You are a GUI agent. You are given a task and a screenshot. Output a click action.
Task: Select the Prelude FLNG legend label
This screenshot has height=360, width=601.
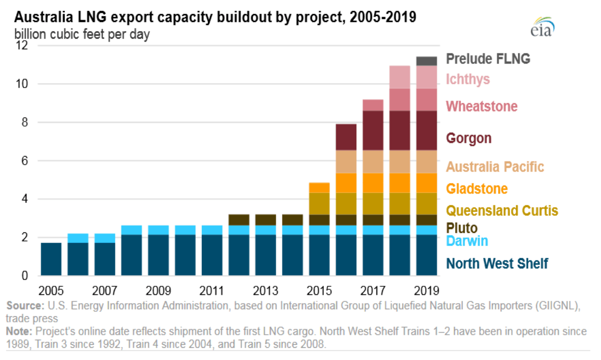[488, 59]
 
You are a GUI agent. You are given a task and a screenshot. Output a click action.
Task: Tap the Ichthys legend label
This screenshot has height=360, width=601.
[468, 79]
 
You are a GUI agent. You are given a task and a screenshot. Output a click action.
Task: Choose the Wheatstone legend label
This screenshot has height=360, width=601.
[482, 106]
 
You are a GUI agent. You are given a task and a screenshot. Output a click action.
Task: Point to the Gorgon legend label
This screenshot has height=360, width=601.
[469, 138]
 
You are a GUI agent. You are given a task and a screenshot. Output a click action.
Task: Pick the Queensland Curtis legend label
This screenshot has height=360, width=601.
[502, 211]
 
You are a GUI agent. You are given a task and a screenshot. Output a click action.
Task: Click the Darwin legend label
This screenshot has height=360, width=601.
[467, 241]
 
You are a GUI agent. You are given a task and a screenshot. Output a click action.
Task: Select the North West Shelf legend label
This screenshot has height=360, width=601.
[497, 263]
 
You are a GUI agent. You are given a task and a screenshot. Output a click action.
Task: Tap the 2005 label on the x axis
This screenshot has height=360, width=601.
[51, 291]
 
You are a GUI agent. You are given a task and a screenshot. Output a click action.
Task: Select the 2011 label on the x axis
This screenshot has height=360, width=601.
[212, 291]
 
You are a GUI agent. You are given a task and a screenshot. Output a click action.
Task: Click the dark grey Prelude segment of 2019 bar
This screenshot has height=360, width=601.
[427, 61]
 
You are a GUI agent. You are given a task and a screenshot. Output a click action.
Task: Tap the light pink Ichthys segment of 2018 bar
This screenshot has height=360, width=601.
[400, 77]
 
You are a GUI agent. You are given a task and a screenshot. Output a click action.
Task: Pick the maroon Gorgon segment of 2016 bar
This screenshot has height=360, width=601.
[346, 137]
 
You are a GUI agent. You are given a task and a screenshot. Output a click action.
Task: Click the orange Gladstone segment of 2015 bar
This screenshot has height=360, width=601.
[319, 187]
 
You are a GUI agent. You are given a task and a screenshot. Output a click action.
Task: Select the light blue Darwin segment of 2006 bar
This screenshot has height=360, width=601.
[78, 238]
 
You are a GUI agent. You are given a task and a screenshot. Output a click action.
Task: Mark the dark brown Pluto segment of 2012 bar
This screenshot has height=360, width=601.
[238, 220]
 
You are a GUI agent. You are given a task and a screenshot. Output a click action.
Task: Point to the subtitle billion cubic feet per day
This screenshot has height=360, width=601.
[82, 35]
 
